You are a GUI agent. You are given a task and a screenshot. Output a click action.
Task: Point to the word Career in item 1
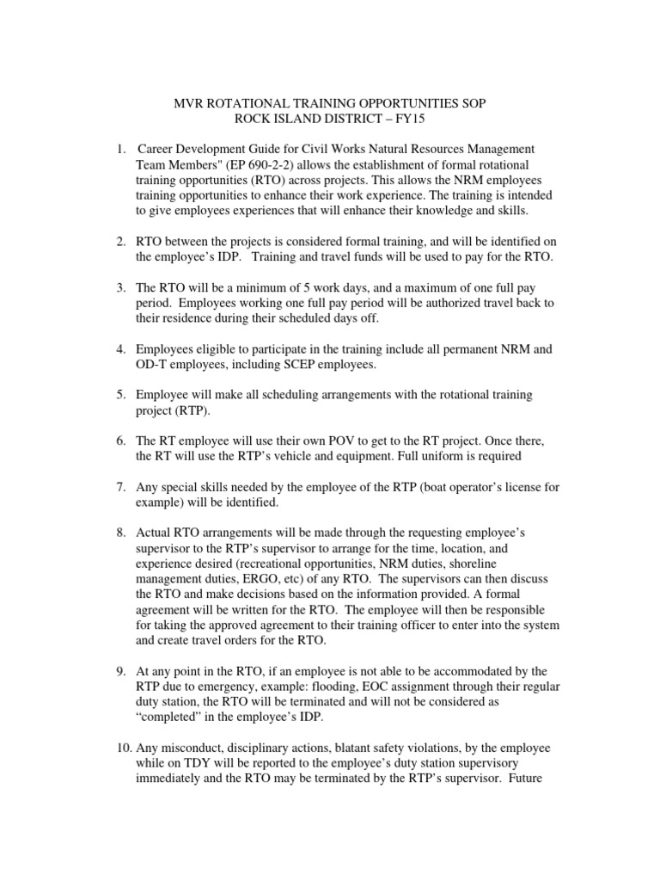156,149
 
